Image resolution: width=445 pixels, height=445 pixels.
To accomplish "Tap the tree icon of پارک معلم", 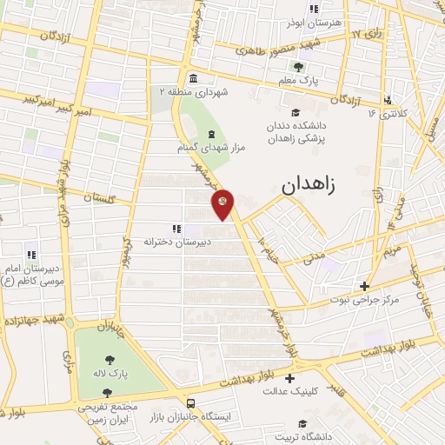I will [299, 66].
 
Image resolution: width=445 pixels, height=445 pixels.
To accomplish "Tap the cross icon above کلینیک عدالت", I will [289, 377].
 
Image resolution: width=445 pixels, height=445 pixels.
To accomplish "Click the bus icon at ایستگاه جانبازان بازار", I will [190, 403].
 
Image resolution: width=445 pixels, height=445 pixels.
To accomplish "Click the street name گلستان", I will [98, 199].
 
